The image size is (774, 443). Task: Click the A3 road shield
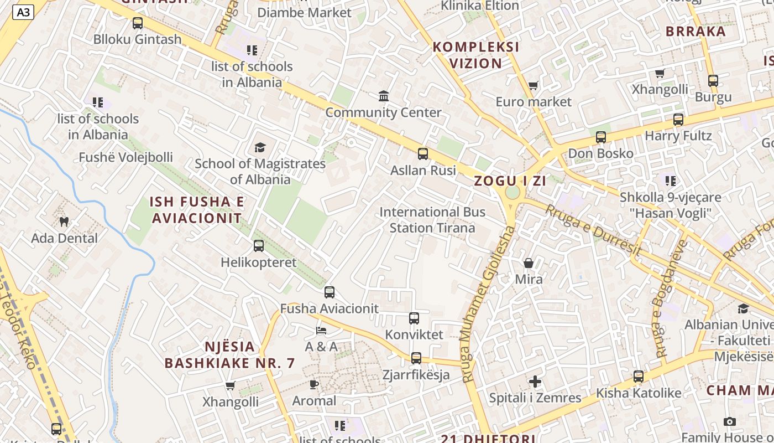click(23, 12)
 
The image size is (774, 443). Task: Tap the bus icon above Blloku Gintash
click(138, 23)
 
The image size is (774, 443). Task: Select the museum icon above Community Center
click(383, 96)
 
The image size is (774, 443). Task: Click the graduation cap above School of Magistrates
click(260, 147)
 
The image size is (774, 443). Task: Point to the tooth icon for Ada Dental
click(64, 222)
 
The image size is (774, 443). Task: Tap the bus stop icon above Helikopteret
click(258, 246)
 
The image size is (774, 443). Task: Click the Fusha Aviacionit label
click(330, 308)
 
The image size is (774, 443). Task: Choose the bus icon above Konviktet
click(414, 318)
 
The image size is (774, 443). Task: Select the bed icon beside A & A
click(321, 331)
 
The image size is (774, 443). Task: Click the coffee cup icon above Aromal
click(314, 384)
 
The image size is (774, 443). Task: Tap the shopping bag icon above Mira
click(529, 263)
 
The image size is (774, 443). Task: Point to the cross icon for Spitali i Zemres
click(535, 382)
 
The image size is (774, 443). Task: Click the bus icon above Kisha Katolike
click(639, 377)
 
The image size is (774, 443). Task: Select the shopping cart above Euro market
click(533, 86)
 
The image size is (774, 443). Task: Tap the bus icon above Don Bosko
click(601, 137)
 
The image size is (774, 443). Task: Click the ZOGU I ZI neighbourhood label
click(510, 181)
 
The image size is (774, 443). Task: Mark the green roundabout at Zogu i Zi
click(512, 193)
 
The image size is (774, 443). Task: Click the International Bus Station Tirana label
click(432, 220)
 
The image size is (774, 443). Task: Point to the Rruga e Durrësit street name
click(594, 230)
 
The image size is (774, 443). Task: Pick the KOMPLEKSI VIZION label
click(476, 55)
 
